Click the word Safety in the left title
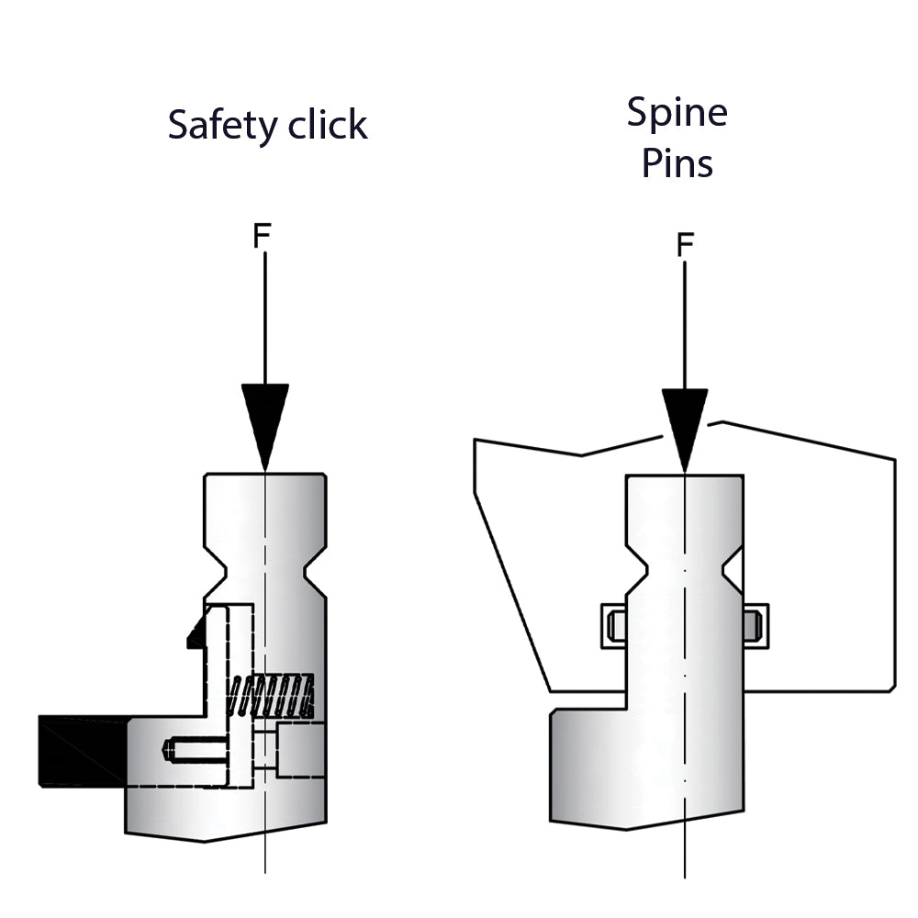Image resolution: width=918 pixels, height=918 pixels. (220, 125)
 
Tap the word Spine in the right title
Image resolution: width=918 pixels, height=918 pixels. (677, 113)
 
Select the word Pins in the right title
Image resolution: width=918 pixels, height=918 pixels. (677, 163)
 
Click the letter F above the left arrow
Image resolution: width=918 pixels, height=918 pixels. (262, 236)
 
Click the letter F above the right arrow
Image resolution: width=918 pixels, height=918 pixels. (685, 245)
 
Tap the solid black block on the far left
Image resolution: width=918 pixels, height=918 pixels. (81, 751)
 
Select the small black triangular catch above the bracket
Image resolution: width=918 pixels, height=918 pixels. (196, 633)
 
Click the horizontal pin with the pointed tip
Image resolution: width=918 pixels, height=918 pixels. (195, 750)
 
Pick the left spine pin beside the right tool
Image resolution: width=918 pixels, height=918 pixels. (614, 625)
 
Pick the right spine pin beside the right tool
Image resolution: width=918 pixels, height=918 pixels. (756, 625)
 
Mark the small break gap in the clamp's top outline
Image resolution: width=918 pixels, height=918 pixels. (691, 428)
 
